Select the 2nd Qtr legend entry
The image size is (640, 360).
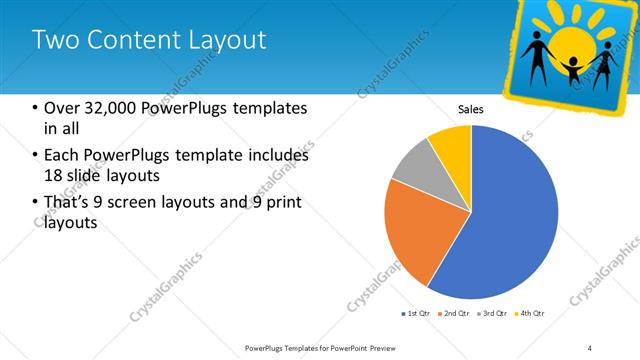[455, 314]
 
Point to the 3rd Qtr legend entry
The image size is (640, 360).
[493, 314]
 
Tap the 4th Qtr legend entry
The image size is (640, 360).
[530, 314]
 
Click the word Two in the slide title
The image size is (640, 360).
[54, 40]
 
